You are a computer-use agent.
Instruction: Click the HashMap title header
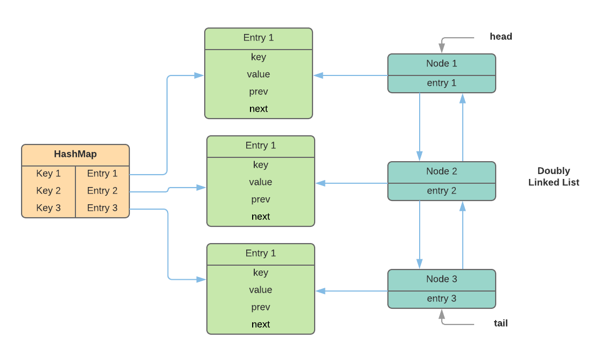75,154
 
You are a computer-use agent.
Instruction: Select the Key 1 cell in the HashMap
48,174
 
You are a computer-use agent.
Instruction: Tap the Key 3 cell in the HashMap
48,208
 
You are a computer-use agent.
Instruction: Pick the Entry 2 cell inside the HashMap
102,191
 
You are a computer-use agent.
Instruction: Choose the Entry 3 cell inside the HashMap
102,208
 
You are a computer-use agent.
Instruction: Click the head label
500,37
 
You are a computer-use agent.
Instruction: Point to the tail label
500,323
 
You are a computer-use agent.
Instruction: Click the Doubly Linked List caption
553,177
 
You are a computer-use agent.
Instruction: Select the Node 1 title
441,64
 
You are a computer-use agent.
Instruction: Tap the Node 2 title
441,171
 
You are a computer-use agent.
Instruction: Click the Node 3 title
441,279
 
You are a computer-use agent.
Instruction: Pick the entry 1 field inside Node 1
441,83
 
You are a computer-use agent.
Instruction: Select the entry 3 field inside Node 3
441,299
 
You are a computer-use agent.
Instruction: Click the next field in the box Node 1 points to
259,109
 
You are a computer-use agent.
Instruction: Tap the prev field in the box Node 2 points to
261,199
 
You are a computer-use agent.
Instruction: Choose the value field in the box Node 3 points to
261,290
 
